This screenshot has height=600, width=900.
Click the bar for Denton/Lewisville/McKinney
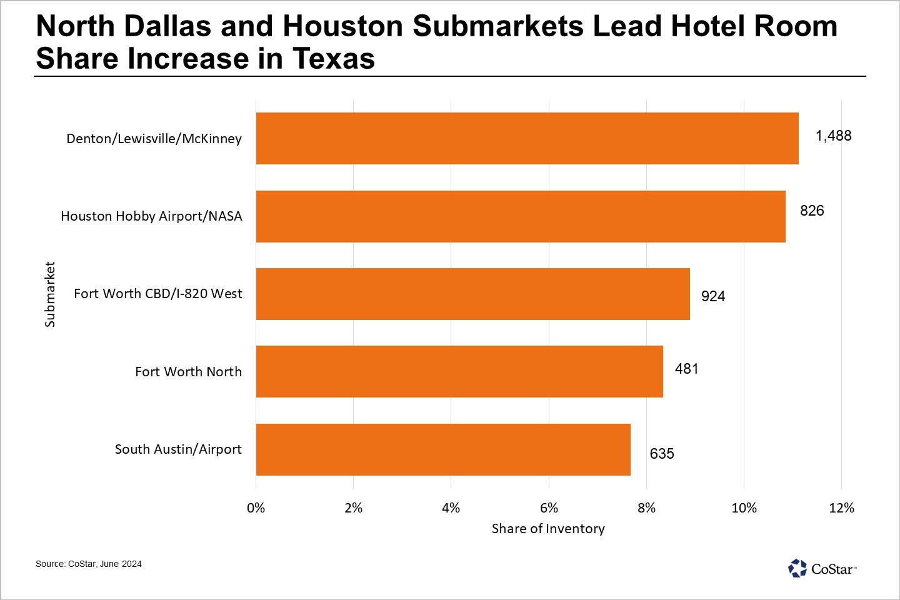527,138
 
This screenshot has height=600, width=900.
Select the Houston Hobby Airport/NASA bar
521,216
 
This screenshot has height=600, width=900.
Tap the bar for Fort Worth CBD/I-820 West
472,294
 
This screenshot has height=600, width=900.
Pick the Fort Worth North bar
459,371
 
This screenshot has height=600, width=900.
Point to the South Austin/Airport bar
443,449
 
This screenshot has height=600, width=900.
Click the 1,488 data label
833,136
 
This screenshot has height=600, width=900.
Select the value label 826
812,211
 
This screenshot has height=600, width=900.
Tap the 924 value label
713,296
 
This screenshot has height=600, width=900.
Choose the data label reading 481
686,369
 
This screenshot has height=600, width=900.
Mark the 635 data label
662,454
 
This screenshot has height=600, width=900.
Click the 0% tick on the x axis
256,508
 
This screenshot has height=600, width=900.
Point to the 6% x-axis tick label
549,508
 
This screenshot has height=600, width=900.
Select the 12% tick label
841,508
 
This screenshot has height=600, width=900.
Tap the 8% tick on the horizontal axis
646,508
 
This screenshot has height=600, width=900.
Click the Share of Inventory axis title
548,529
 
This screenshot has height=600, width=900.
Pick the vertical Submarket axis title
50,294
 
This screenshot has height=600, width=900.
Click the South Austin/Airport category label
178,449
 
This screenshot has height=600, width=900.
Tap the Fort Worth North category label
188,372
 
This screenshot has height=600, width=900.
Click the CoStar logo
822,569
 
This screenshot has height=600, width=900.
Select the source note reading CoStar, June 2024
89,564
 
